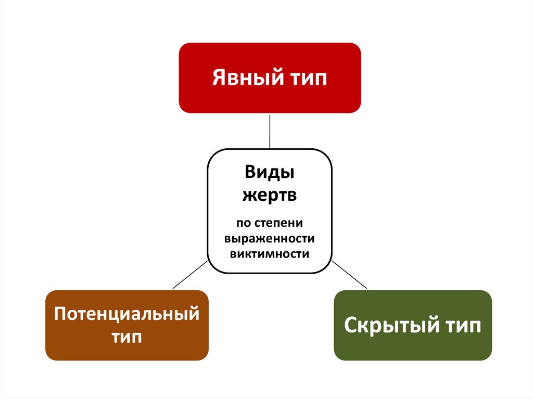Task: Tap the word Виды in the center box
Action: [270, 172]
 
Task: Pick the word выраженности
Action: [270, 239]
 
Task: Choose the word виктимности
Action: [270, 254]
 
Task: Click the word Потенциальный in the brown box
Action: [127, 315]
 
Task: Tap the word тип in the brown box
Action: [127, 337]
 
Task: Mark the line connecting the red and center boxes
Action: [270, 131]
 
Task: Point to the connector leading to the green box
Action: [349, 274]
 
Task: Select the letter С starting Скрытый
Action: [350, 327]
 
